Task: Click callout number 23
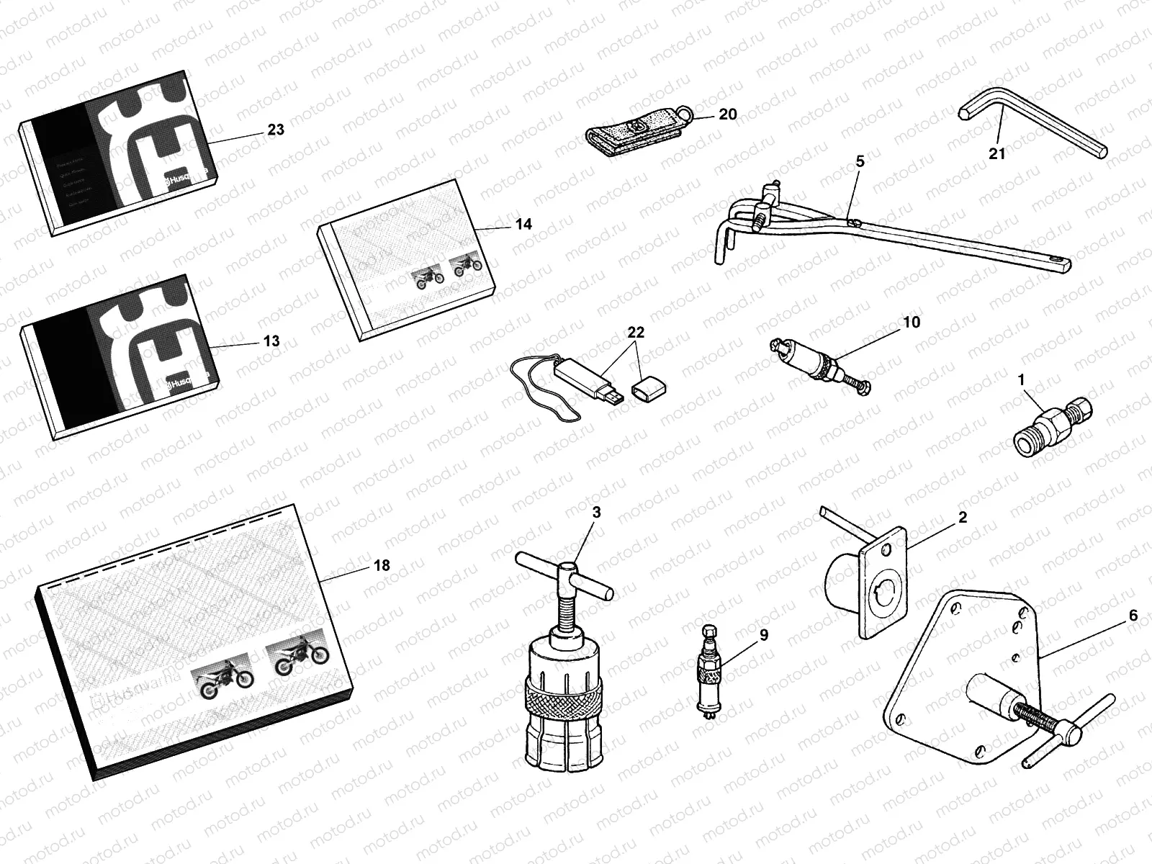[275, 130]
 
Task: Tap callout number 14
[523, 224]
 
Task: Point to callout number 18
[382, 566]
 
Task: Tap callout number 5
[860, 162]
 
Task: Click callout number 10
[912, 323]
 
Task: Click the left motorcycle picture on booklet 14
[428, 278]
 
